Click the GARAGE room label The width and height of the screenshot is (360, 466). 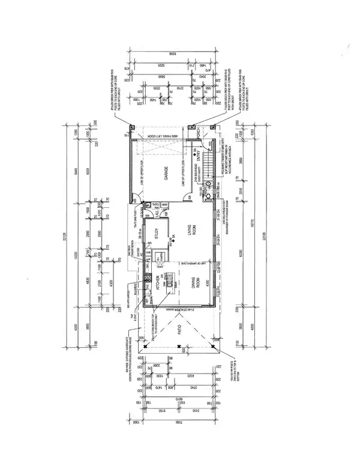coord(161,174)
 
